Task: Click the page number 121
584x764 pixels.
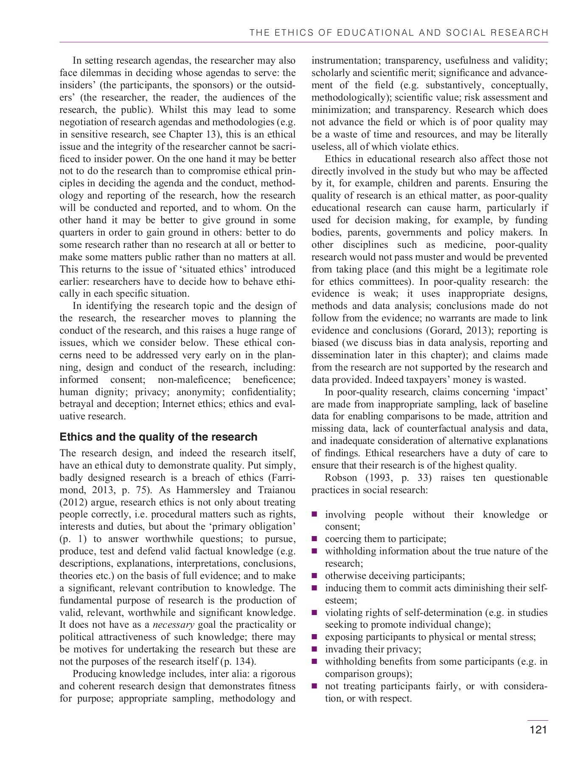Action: [538, 730]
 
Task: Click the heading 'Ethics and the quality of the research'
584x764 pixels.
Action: [158, 437]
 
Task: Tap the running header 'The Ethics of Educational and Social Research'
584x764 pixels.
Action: [399, 33]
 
